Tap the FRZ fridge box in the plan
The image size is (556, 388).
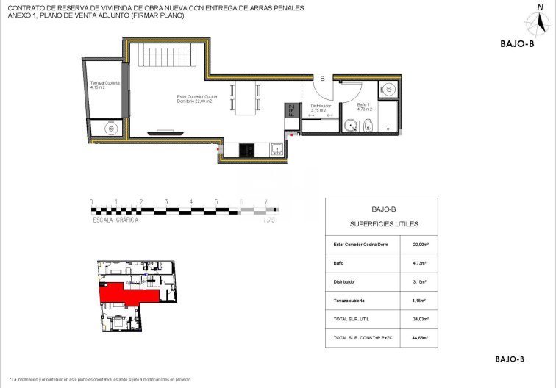291,112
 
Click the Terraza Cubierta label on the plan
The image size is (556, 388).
104,85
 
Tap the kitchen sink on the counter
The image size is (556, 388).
277,149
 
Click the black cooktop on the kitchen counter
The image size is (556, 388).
246,149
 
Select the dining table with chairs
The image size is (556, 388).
247,98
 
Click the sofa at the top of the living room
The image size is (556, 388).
169,55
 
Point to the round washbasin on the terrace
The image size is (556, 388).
110,128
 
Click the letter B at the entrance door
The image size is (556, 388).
321,78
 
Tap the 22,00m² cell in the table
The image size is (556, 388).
420,245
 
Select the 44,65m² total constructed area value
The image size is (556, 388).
420,338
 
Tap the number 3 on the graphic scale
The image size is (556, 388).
166,201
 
